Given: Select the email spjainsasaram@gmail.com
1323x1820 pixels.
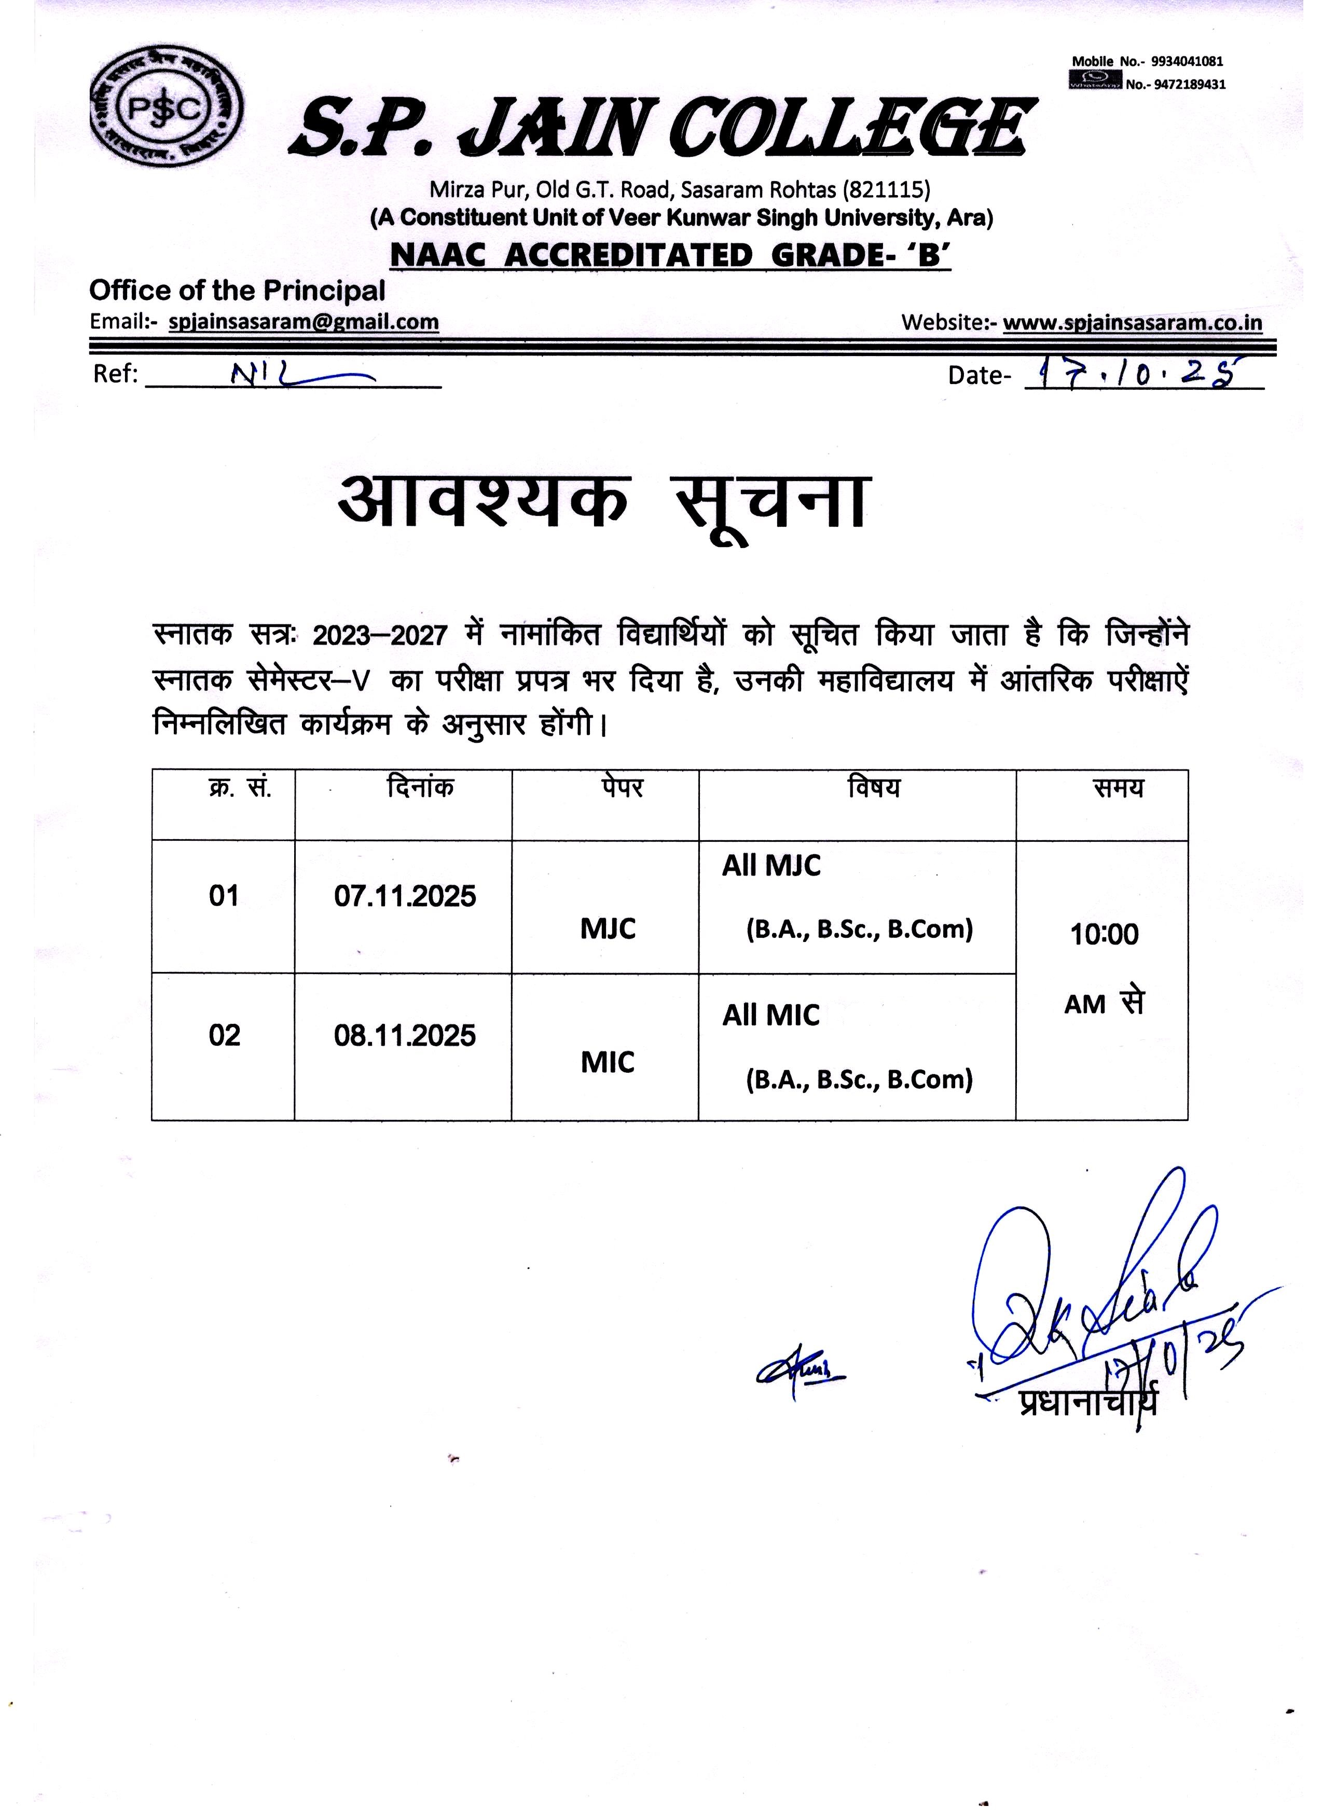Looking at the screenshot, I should [x=304, y=323].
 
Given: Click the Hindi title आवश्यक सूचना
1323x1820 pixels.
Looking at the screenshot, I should [x=603, y=501].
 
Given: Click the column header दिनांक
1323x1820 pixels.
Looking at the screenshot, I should [x=420, y=787].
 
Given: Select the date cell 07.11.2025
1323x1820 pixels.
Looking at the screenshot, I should [x=405, y=896].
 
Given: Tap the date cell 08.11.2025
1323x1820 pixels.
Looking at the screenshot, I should [x=405, y=1036].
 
